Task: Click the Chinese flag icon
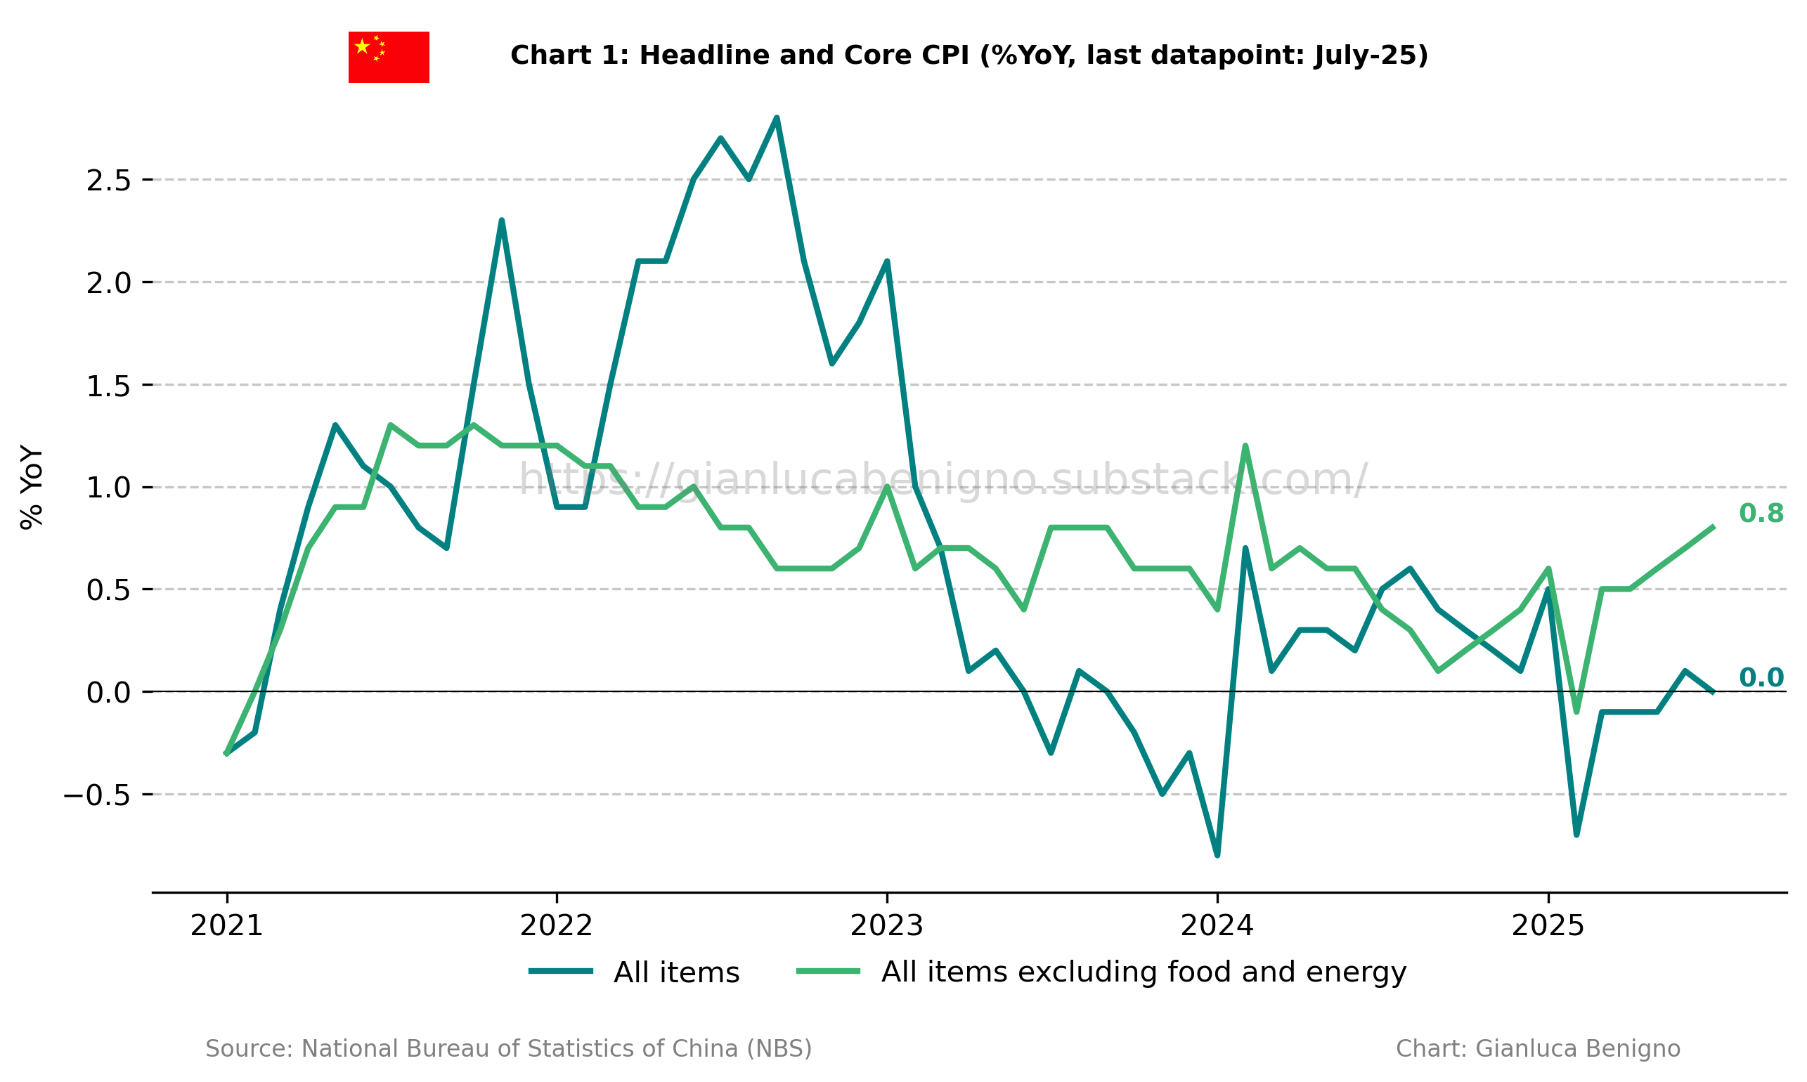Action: [388, 57]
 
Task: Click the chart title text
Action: [969, 56]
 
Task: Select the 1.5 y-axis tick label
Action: [109, 386]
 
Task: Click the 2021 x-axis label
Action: [226, 927]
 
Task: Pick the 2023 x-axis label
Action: [887, 927]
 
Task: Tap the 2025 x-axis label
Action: [1548, 927]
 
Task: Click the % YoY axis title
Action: [32, 486]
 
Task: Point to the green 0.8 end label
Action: [1761, 514]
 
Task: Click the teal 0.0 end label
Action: [1761, 678]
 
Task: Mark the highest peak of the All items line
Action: [777, 118]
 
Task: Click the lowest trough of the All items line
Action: [1217, 855]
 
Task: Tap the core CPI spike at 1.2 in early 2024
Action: [1245, 446]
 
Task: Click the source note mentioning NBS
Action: [508, 1049]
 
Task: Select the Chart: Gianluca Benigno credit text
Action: [1537, 1049]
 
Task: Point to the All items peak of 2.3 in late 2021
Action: [502, 220]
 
